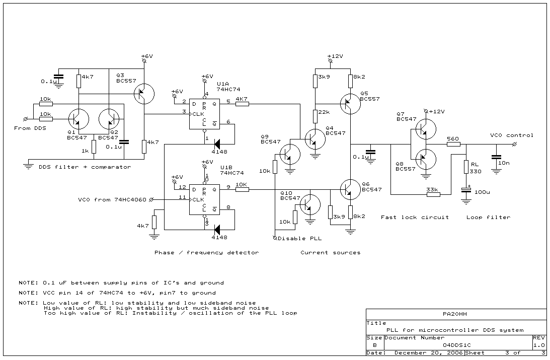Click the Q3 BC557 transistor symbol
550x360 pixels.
click(x=144, y=94)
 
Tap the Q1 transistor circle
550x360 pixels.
click(x=78, y=119)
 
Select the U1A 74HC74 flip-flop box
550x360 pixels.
click(x=204, y=114)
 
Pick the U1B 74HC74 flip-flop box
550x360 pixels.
click(x=204, y=200)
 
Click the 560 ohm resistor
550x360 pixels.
click(x=453, y=144)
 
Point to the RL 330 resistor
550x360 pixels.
click(x=466, y=167)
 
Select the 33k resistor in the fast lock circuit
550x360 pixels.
click(x=433, y=194)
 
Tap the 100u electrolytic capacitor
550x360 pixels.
click(x=466, y=190)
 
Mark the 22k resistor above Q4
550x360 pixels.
click(x=316, y=116)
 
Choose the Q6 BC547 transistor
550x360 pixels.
click(x=350, y=189)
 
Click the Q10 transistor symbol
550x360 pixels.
click(x=310, y=204)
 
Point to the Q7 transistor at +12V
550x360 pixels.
click(x=426, y=129)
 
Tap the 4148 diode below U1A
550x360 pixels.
click(x=217, y=144)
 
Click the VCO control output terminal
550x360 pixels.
click(x=515, y=144)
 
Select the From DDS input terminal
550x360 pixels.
click(x=25, y=119)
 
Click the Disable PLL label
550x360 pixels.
click(x=299, y=239)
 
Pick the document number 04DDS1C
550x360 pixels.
click(x=457, y=345)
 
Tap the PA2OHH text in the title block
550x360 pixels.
click(x=454, y=314)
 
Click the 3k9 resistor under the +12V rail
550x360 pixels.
click(x=316, y=81)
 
